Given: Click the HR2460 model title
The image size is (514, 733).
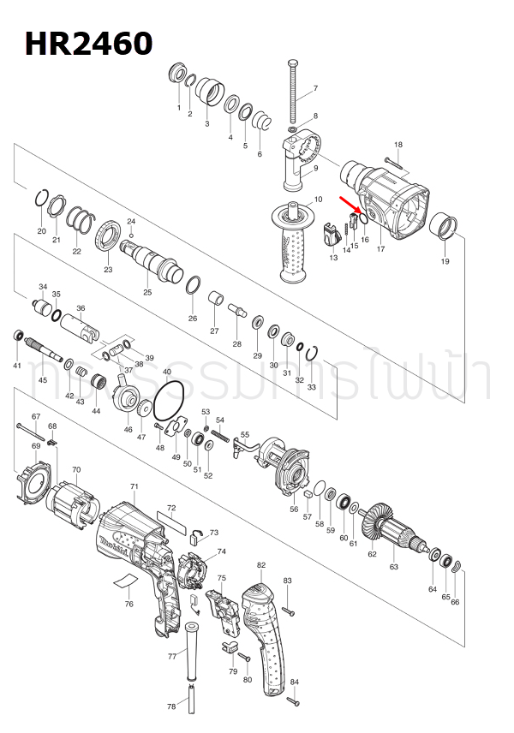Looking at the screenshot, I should point(88,42).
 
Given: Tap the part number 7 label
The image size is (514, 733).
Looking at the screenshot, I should point(314,89).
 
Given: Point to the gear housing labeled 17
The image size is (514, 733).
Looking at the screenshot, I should point(390,201).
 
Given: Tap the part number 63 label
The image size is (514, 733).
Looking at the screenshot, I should point(393,567).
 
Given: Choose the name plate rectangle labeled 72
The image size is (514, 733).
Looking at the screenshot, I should point(171,521).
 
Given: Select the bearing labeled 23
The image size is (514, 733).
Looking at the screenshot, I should point(108,236).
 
